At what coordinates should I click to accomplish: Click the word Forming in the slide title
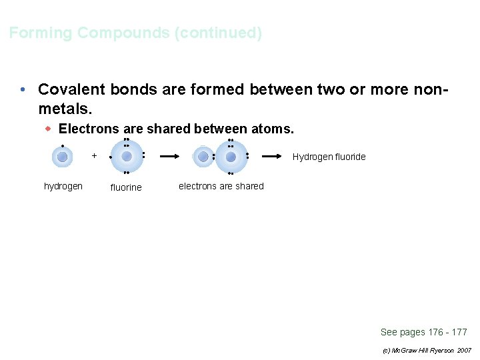coord(41,33)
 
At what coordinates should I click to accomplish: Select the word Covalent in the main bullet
coord(72,89)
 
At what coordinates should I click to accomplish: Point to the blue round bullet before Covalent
coord(23,89)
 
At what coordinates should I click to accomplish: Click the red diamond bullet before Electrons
coord(48,129)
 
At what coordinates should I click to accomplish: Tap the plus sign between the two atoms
coord(95,156)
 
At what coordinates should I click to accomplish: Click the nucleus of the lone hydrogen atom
coord(62,157)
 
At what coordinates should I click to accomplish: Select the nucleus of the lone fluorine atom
coord(127,157)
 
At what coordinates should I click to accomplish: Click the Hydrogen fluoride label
coord(329,157)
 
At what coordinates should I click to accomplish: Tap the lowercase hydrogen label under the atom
coord(63,187)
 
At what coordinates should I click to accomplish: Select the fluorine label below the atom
coord(126,188)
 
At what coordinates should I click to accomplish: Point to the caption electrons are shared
coord(221,187)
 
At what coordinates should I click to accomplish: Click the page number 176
coord(435,332)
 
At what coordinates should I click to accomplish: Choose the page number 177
coord(459,332)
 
